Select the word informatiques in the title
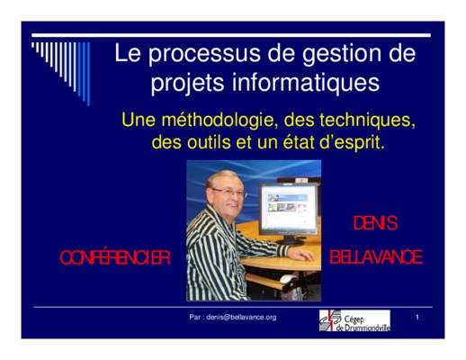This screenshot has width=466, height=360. pyautogui.click(x=306, y=83)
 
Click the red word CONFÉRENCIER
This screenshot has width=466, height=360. pyautogui.click(x=115, y=257)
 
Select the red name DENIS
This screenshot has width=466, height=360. pyautogui.click(x=376, y=223)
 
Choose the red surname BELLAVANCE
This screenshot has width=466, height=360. pyautogui.click(x=376, y=257)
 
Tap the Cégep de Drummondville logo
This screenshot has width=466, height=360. pyautogui.click(x=354, y=320)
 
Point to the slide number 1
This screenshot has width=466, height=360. pyautogui.click(x=417, y=317)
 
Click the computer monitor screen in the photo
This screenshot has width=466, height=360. pyautogui.click(x=288, y=207)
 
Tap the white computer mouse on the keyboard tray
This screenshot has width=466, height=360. pyautogui.click(x=288, y=279)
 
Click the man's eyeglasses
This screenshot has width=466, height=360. pyautogui.click(x=230, y=193)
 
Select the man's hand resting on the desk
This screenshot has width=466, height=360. pyautogui.click(x=301, y=255)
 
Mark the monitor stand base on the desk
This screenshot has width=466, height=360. pyautogui.click(x=291, y=240)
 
